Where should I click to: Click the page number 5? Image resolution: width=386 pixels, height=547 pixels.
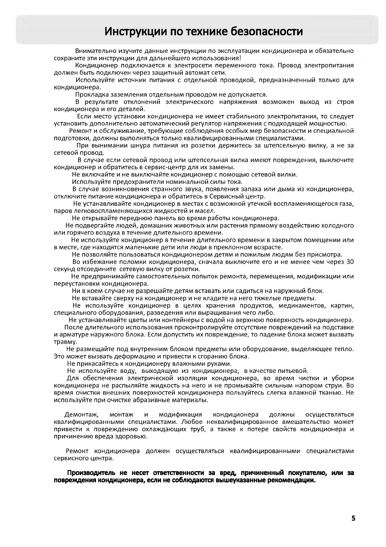pyautogui.click(x=353, y=518)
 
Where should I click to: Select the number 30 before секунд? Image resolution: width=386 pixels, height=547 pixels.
pyautogui.click(x=350, y=262)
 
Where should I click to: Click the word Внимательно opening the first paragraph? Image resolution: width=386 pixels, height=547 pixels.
pyautogui.click(x=93, y=51)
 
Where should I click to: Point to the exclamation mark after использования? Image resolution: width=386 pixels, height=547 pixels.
pyautogui.click(x=240, y=58)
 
